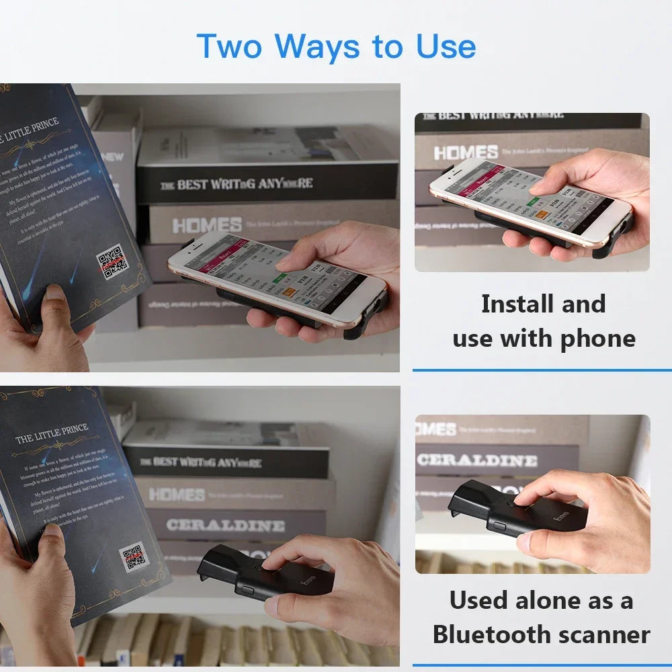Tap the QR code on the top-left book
point(112,262)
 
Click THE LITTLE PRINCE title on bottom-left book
point(52,434)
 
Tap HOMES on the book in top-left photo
point(206,225)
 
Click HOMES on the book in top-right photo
point(466,153)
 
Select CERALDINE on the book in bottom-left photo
point(225,525)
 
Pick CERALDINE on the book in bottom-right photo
point(477,460)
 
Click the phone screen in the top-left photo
point(279,276)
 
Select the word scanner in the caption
point(609,634)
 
